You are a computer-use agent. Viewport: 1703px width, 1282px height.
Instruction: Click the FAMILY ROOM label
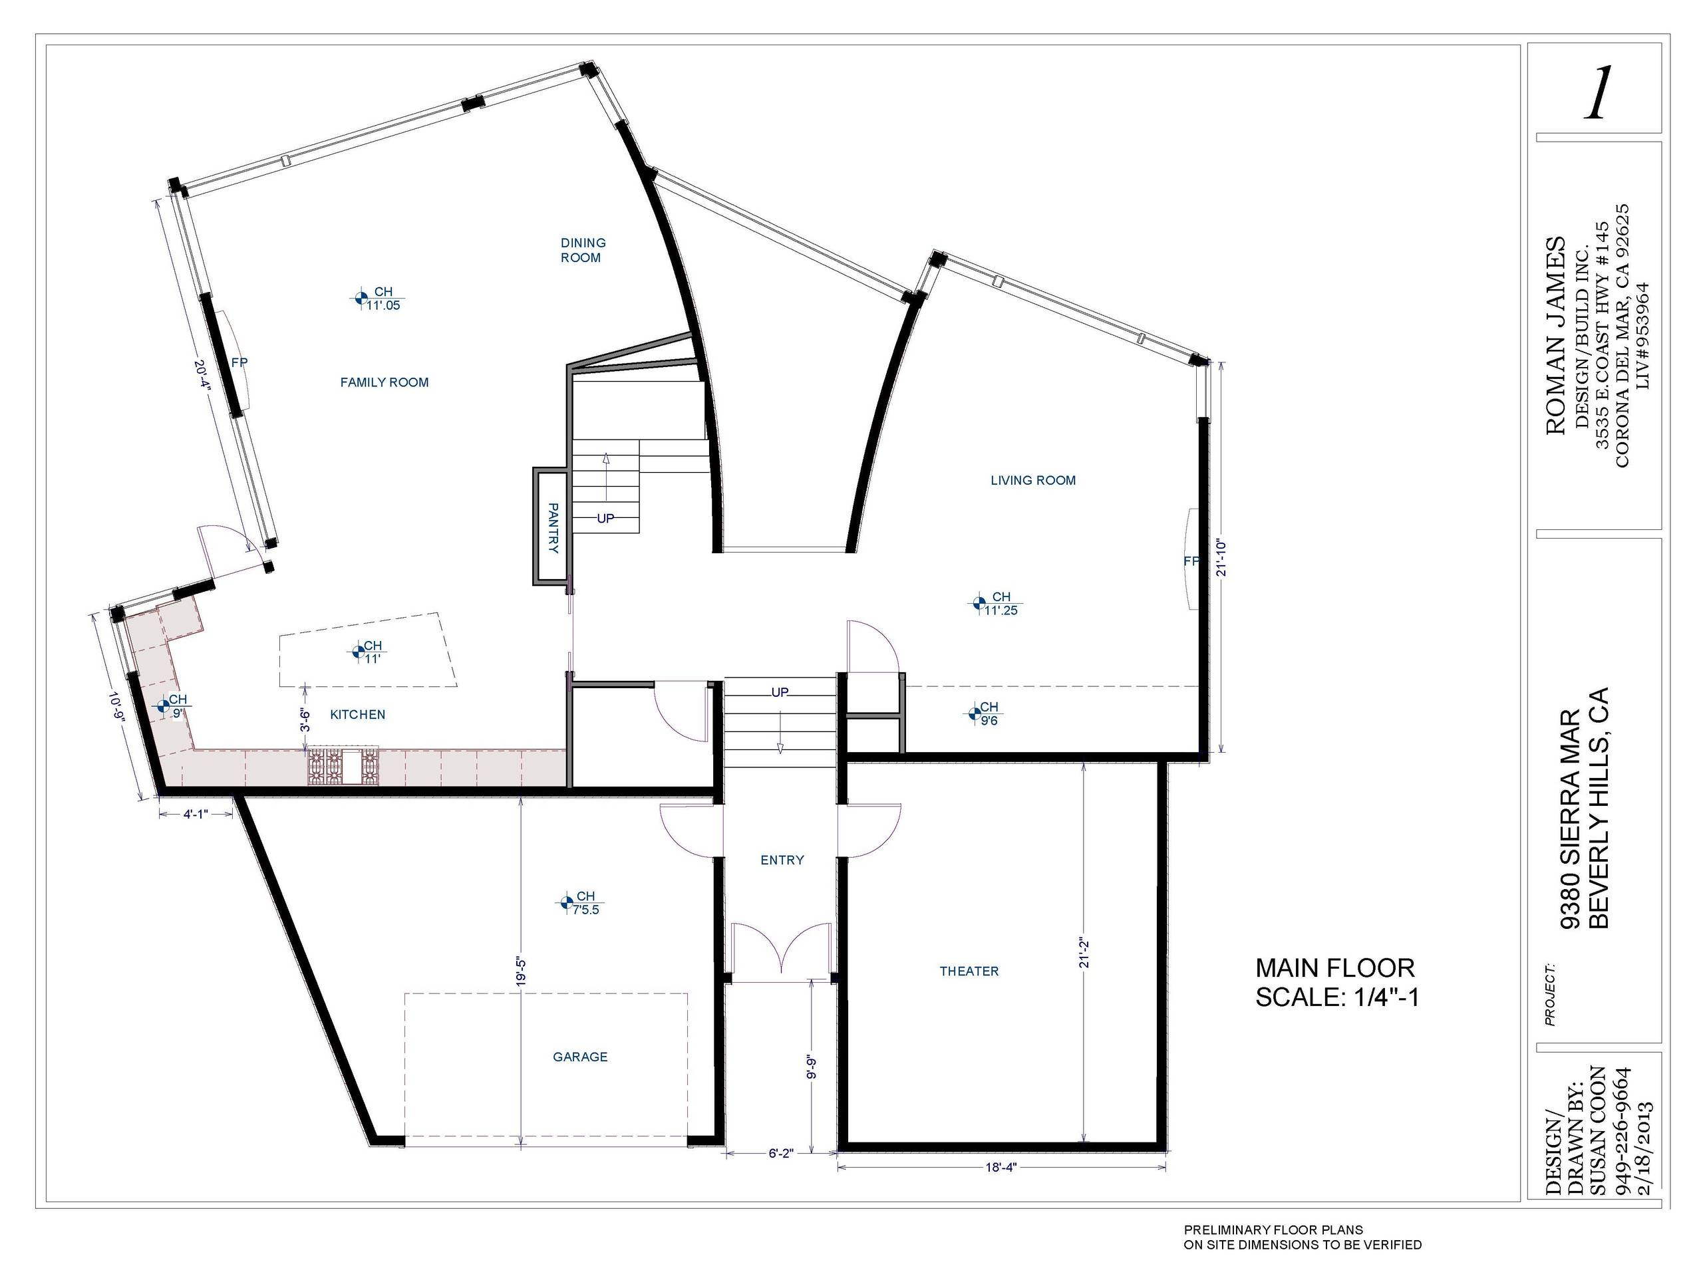[x=385, y=382]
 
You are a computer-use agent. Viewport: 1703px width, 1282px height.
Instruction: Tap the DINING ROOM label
[x=583, y=250]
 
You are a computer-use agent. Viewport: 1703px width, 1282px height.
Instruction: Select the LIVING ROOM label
[x=1033, y=480]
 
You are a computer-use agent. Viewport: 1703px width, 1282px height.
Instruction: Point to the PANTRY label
[x=553, y=528]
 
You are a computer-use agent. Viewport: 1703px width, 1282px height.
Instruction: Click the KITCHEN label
[x=358, y=715]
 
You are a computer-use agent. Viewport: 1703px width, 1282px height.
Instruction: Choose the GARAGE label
[x=581, y=1057]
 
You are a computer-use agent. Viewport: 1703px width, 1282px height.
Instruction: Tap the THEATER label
[x=969, y=971]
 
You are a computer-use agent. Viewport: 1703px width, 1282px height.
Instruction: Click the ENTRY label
[x=782, y=860]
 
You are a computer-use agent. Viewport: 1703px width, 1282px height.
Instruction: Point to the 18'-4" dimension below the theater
[x=1002, y=1166]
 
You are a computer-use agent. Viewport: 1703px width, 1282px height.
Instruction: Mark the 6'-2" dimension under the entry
[x=781, y=1153]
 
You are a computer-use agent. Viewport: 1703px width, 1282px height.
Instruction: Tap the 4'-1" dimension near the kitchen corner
[x=196, y=813]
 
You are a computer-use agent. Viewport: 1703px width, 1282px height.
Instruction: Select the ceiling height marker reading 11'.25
[x=999, y=603]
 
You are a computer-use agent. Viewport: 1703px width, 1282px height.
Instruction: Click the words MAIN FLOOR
[x=1335, y=967]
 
